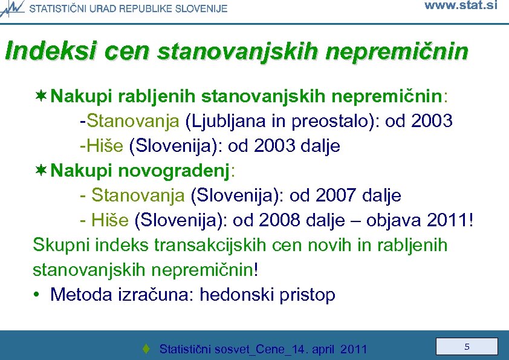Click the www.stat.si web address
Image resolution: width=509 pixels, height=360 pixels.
coord(461,7)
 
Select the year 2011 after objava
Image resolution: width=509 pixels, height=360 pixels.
coord(446,220)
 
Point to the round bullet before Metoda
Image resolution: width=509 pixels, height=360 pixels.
coord(38,295)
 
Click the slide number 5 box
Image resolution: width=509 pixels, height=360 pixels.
coord(467,347)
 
